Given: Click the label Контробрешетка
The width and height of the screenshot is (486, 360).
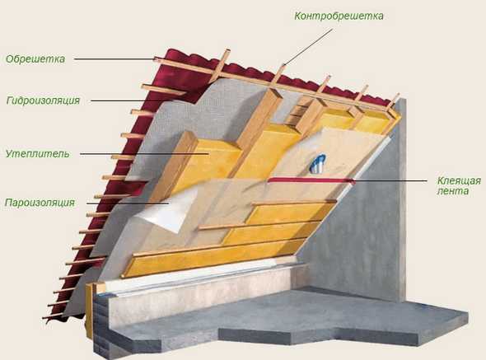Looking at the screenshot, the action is [339, 16].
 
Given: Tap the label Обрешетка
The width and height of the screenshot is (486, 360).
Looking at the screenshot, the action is [35, 59].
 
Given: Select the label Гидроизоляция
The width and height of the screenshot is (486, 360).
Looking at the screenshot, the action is [43, 101].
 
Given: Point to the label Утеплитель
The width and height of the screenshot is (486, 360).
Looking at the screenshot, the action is [38, 153].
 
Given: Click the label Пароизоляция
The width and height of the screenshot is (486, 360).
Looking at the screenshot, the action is [40, 203].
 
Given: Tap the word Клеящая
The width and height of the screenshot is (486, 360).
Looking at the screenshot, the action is [459, 180].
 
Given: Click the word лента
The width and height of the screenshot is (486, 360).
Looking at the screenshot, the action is [453, 191].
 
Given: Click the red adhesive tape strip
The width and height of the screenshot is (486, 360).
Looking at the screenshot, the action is [312, 180].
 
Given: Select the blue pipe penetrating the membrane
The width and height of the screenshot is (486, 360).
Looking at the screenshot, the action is [318, 163].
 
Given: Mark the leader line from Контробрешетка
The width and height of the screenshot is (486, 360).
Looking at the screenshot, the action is [307, 47].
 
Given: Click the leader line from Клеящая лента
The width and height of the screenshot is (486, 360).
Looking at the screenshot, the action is [390, 180].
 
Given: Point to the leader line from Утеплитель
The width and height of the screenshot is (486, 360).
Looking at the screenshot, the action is [144, 153].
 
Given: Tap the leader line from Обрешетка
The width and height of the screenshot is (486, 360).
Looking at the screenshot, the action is [114, 58].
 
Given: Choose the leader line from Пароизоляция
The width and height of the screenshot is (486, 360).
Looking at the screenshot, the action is [128, 203].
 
